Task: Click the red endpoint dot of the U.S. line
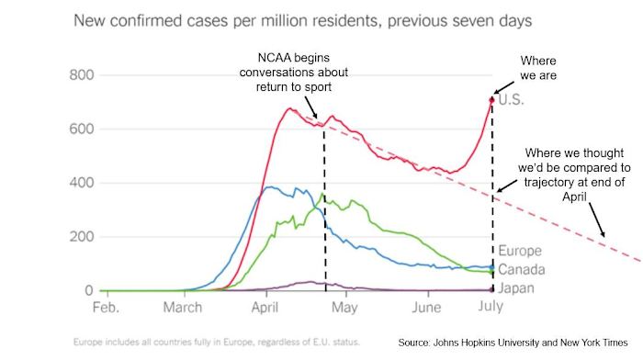point(492,99)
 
